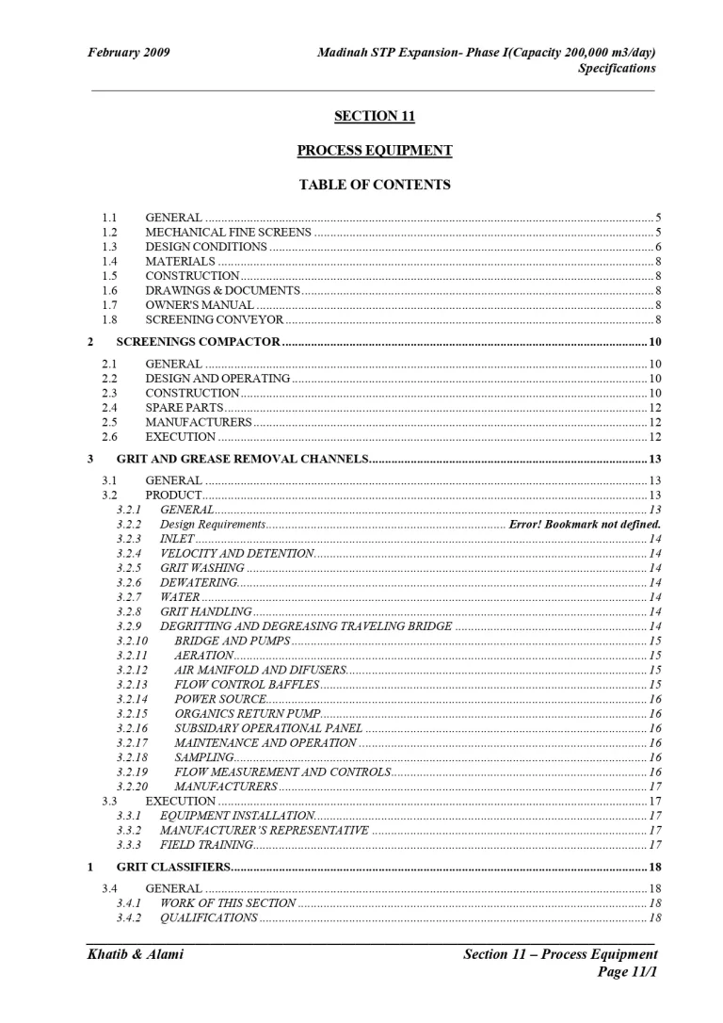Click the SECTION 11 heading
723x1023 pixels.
coord(374,116)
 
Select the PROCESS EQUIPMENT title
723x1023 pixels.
coord(374,151)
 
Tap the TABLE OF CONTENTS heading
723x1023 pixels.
coord(374,185)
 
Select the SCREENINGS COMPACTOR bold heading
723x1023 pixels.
coord(198,341)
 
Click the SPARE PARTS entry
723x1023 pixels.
coord(184,407)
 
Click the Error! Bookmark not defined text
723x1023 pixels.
coord(585,524)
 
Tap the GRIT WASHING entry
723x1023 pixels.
coord(202,568)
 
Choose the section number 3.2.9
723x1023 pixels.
coord(129,626)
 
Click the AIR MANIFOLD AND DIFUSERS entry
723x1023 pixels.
coord(261,670)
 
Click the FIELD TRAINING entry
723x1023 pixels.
coord(206,845)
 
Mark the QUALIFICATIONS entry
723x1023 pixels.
coord(209,918)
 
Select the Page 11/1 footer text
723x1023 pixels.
coord(626,972)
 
